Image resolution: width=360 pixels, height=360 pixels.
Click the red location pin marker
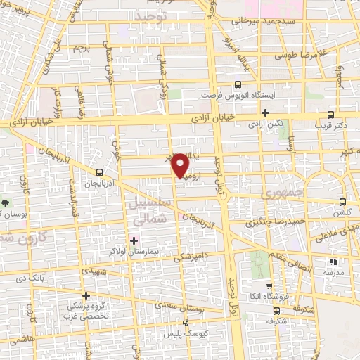tap(181, 165)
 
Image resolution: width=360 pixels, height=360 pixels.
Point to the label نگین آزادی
tap(265, 123)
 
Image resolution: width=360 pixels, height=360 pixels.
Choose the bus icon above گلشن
tap(342, 200)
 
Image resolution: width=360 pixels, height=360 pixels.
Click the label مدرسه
tap(333, 271)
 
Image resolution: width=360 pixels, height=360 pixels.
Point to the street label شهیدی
tap(94, 271)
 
